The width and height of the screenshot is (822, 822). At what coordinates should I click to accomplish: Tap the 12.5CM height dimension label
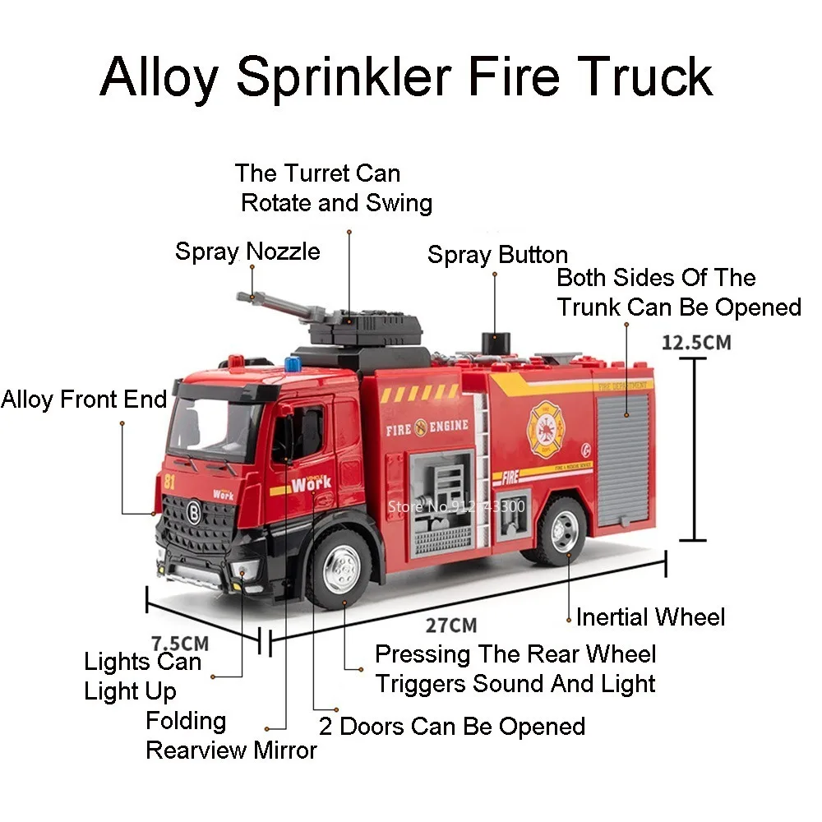[x=695, y=341]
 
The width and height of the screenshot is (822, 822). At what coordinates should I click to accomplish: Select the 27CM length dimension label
[x=451, y=626]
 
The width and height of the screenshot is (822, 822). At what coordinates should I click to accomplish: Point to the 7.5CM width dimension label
[x=180, y=642]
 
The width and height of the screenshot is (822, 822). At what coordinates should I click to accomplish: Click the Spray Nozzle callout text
[x=247, y=251]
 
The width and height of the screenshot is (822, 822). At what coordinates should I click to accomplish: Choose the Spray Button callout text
[x=497, y=255]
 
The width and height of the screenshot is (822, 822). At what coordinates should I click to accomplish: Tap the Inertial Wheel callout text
[x=650, y=616]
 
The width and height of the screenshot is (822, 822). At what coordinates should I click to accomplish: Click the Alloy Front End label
[x=84, y=400]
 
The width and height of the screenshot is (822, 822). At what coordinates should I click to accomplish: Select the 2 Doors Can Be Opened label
[x=452, y=727]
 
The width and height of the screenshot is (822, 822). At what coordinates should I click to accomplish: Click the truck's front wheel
[x=339, y=568]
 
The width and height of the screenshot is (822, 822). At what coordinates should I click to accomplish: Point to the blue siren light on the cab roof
[x=293, y=363]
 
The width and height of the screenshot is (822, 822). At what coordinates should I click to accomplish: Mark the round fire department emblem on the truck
[x=544, y=428]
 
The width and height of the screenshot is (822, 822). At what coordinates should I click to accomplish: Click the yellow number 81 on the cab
[x=169, y=483]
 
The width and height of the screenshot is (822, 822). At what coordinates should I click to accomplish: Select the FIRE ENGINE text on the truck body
[x=427, y=427]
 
